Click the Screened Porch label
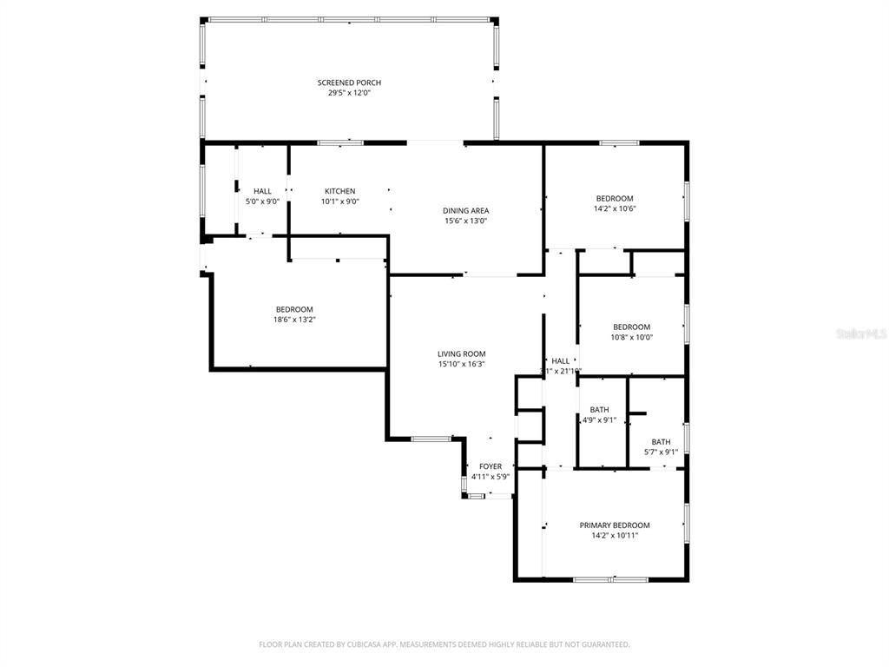point(348,83)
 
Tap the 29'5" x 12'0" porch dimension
point(348,93)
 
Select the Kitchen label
point(339,191)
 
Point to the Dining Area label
point(466,210)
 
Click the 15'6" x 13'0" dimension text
point(466,221)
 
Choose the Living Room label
point(461,353)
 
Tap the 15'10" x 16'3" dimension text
point(461,364)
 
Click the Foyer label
point(490,466)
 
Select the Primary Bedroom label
point(614,525)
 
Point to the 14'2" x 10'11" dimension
point(614,536)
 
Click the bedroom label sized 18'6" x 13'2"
point(294,309)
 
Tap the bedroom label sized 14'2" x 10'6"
point(614,198)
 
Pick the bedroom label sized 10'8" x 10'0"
point(631,327)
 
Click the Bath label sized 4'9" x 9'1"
point(599,410)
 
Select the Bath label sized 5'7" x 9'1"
point(661,441)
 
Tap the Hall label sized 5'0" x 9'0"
point(262,191)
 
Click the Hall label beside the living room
point(561,360)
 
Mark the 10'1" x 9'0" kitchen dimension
point(339,201)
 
